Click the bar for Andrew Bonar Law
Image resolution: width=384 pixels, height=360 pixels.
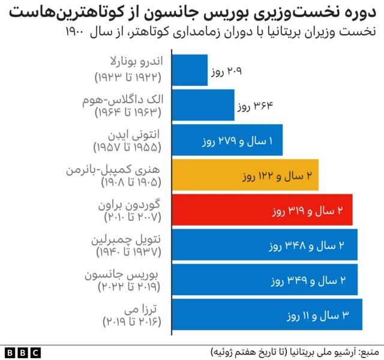(x=190, y=71)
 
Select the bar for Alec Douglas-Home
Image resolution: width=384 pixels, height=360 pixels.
(x=203, y=106)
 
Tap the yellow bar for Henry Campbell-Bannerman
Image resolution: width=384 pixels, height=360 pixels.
(x=245, y=175)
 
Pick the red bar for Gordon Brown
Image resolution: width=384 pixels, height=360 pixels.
(x=262, y=210)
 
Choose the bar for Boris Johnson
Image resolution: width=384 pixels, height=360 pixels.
(x=265, y=280)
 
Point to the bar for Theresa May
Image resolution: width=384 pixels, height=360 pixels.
(x=267, y=314)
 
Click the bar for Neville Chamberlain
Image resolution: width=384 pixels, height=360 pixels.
(x=265, y=245)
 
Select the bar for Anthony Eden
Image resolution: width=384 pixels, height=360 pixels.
(x=227, y=140)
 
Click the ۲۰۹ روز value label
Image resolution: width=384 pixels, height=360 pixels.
(x=226, y=72)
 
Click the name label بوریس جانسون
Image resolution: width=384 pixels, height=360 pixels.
(x=134, y=274)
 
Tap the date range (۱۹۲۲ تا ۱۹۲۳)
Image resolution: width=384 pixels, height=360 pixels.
(x=127, y=77)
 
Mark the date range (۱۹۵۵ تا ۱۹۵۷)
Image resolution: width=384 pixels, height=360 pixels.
(x=127, y=147)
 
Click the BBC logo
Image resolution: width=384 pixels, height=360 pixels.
(x=23, y=351)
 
